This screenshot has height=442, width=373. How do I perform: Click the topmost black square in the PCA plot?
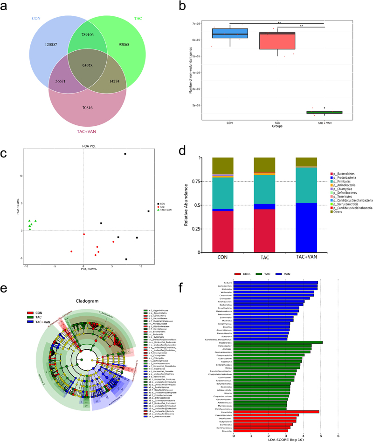click(x=125, y=154)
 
